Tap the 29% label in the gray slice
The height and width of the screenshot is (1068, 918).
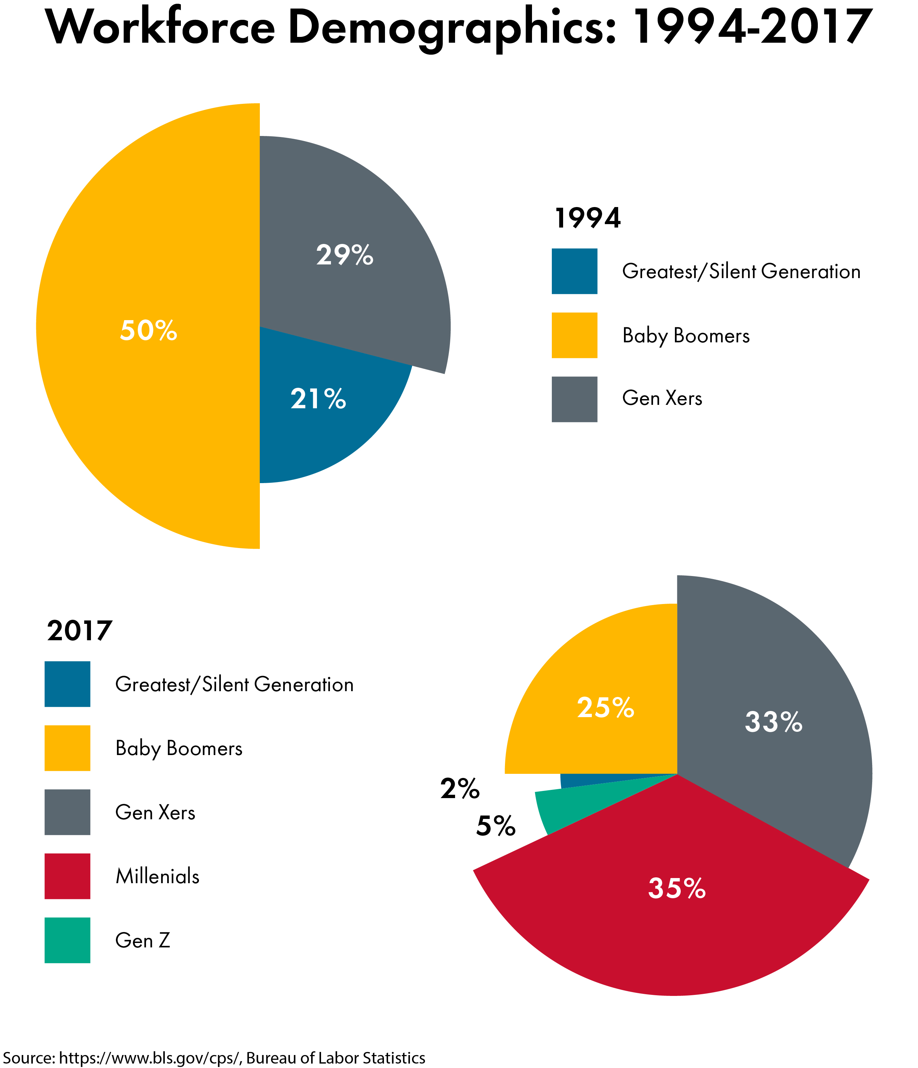pos(345,255)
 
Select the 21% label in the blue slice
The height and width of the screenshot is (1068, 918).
pos(318,399)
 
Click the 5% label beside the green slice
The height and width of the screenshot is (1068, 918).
pos(496,826)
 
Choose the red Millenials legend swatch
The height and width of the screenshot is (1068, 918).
pos(68,876)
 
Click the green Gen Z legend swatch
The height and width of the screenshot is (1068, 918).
pos(68,940)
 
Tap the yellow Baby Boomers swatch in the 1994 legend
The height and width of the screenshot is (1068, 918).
pos(574,335)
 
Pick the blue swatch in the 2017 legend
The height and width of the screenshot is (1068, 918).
pos(68,684)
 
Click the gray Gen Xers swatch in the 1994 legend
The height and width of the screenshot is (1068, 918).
pos(574,399)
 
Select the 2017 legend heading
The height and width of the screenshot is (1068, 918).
pos(79,631)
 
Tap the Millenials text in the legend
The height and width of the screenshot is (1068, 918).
pos(157,876)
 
